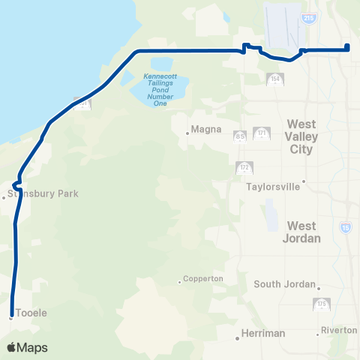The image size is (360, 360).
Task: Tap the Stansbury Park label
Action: [43, 193]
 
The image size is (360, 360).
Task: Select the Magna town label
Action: [207, 129]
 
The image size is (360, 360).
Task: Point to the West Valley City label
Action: [304, 137]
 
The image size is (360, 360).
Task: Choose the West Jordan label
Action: [304, 232]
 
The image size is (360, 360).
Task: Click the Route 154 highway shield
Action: [274, 79]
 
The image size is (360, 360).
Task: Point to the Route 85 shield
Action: [240, 136]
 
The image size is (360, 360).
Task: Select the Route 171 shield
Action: [262, 134]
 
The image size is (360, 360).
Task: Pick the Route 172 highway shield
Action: [243, 167]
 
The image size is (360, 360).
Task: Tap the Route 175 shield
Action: [320, 304]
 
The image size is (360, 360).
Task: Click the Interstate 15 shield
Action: [346, 226]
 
